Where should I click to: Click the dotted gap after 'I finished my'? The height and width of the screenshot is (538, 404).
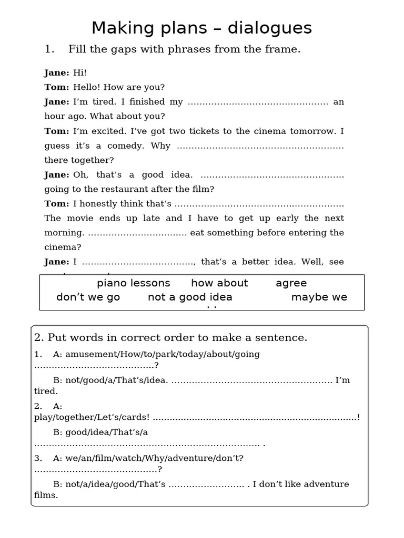pos(258,102)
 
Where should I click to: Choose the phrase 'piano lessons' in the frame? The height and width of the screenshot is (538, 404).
pos(134,283)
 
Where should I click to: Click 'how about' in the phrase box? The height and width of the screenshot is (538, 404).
pos(219,283)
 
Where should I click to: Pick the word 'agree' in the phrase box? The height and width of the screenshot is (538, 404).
pos(291,283)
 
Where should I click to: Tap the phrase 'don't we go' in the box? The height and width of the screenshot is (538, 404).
pos(88,297)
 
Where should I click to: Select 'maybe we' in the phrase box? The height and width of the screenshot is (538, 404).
pos(319,297)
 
